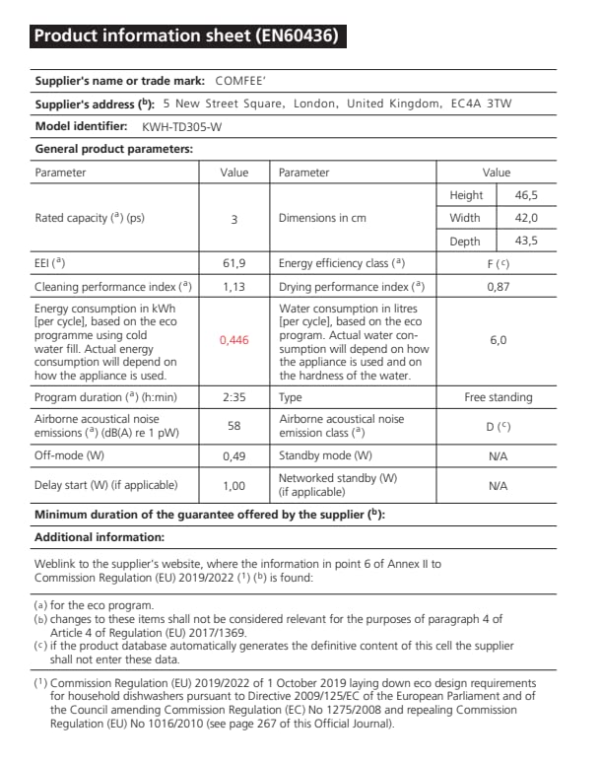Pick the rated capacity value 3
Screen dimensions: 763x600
click(x=233, y=219)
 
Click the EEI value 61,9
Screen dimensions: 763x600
click(x=233, y=264)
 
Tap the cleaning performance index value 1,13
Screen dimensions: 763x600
click(x=233, y=287)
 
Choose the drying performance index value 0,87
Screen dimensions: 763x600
click(x=498, y=287)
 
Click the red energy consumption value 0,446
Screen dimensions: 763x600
click(x=233, y=340)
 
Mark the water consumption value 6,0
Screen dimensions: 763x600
click(x=498, y=340)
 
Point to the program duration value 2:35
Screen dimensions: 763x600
click(x=233, y=397)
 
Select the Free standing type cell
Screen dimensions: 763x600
click(x=498, y=397)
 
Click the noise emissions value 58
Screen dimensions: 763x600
click(x=233, y=425)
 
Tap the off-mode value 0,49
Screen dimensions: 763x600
click(x=233, y=455)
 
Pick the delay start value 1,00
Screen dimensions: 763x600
click(x=233, y=485)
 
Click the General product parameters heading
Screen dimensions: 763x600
click(x=113, y=149)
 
